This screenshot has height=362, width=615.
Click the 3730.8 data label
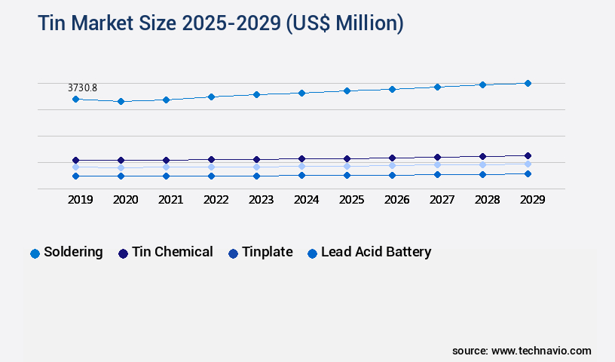coord(82,88)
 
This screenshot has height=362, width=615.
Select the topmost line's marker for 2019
coord(75,99)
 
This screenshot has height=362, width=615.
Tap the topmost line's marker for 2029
coord(528,83)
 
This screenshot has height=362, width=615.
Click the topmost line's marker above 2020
coord(121,101)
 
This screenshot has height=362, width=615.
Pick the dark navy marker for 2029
coord(528,155)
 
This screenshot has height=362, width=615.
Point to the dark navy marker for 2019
coord(75,160)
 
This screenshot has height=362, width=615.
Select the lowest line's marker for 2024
coord(301,175)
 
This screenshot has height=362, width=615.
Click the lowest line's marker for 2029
coord(528,173)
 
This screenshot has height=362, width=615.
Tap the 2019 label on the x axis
coord(80,200)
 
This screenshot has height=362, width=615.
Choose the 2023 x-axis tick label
coord(261,200)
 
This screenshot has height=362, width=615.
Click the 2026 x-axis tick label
coord(396,200)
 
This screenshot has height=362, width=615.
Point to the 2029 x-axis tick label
coord(532,200)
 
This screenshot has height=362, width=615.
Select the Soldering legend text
coord(73,252)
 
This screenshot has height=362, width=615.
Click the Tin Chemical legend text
coord(172,252)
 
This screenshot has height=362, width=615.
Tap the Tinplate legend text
coord(267,252)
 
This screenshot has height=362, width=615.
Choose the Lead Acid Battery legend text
coord(376,252)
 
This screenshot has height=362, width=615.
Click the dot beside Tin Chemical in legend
coord(123,253)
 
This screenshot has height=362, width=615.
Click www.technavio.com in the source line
coord(541,351)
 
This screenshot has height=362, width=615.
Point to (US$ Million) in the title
coord(344,23)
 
